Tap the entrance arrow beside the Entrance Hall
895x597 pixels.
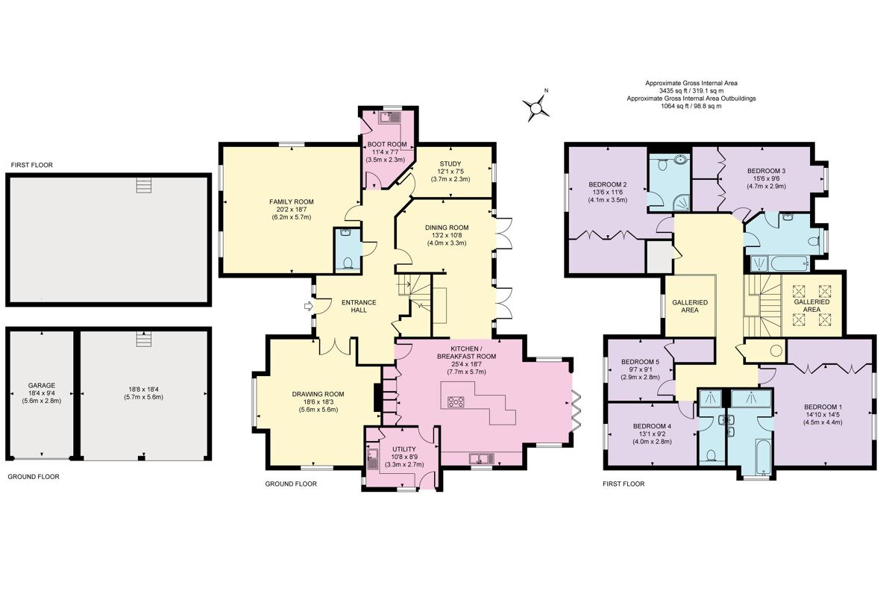pos(307,305)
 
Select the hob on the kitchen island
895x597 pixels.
pos(455,401)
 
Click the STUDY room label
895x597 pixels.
pos(450,163)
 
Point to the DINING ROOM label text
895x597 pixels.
pos(447,228)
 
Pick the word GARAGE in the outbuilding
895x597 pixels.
pos(42,386)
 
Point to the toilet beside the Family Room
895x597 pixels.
pos(349,262)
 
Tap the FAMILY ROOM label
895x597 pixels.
pos(292,201)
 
